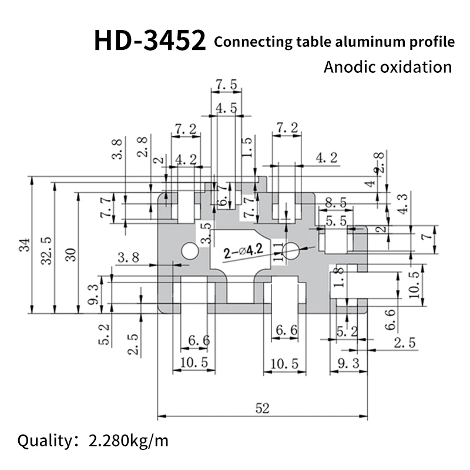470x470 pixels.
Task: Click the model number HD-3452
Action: pyautogui.click(x=150, y=41)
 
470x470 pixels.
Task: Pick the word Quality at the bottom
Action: pyautogui.click(x=42, y=440)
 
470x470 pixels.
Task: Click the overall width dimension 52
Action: pyautogui.click(x=263, y=407)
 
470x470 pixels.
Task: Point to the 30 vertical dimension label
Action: pyautogui.click(x=70, y=253)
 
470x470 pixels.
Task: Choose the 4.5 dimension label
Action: pyautogui.click(x=226, y=108)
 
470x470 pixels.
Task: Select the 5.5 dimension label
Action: pyautogui.click(x=336, y=221)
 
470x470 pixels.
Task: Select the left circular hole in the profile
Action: pyautogui.click(x=190, y=251)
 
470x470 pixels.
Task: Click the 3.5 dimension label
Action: pyautogui.click(x=205, y=233)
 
